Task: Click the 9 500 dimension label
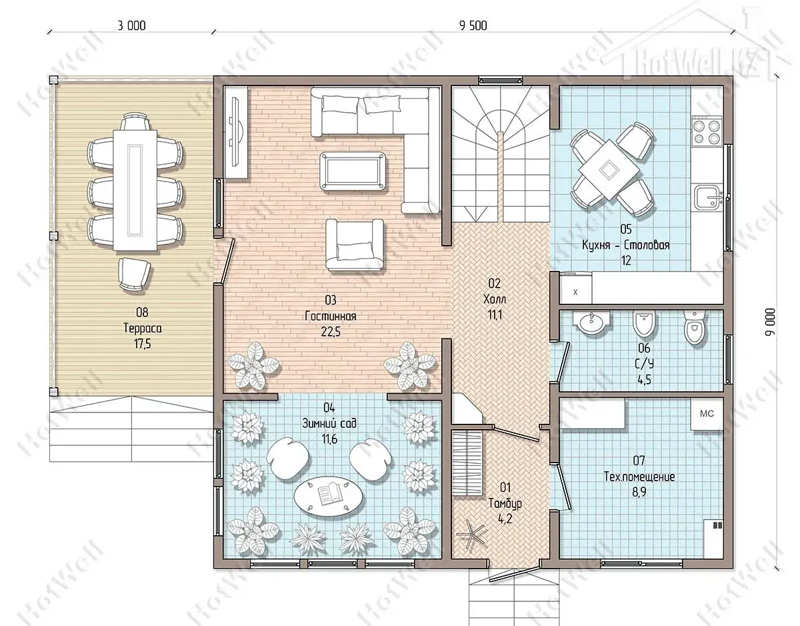(473, 25)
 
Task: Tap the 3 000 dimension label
(131, 25)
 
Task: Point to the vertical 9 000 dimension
(770, 322)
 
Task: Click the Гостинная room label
(331, 316)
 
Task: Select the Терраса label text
(143, 328)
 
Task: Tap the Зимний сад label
(329, 423)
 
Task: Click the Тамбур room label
(505, 503)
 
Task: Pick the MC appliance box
(707, 414)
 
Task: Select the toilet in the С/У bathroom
(695, 326)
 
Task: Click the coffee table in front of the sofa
(353, 172)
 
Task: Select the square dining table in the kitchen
(609, 171)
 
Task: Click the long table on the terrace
(135, 190)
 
